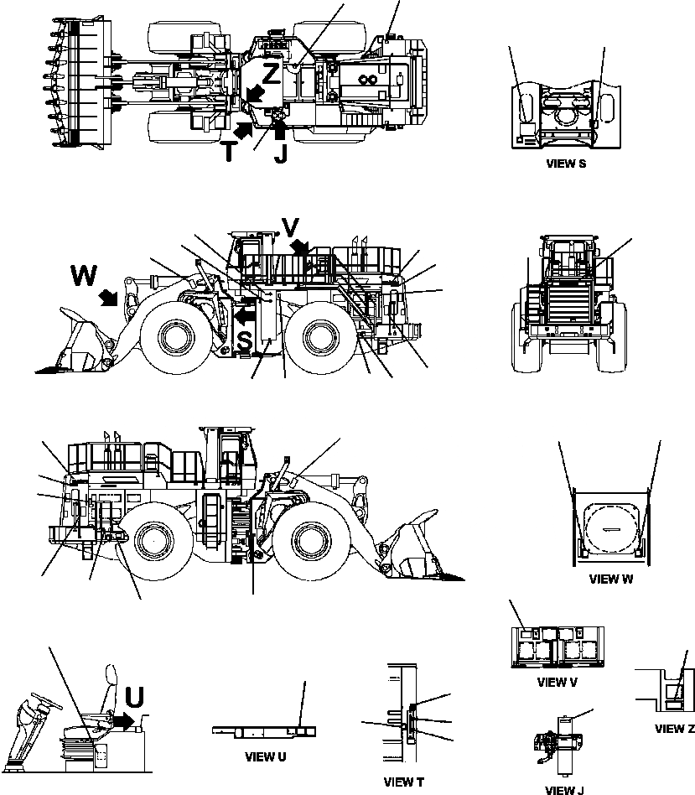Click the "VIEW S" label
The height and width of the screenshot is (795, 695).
coord(565,164)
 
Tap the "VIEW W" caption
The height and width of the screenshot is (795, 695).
coord(611,579)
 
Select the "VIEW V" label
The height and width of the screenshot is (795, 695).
coord(558,682)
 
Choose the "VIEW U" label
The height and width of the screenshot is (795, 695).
coord(265,756)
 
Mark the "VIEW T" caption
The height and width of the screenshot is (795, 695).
coord(403,782)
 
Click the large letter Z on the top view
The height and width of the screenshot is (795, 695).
coord(271,74)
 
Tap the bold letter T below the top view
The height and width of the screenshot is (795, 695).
coord(229,151)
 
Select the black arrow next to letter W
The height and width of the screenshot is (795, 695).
coord(107,297)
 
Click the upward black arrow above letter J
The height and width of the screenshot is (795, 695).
coord(280,130)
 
